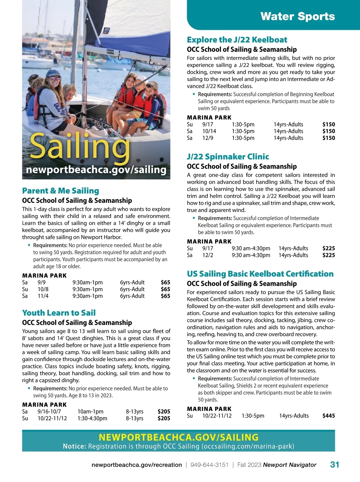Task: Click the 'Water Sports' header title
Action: pyautogui.click(x=298, y=16)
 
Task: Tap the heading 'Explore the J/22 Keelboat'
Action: pyautogui.click(x=237, y=40)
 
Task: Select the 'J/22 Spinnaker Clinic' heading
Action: pyautogui.click(x=228, y=156)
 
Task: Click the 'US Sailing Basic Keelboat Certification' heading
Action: pyautogui.click(x=260, y=274)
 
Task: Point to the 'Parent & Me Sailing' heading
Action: pyautogui.click(x=60, y=191)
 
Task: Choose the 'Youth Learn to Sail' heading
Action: pyautogui.click(x=59, y=313)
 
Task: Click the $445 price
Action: pyautogui.click(x=328, y=416)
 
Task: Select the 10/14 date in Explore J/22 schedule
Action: pyautogui.click(x=209, y=131)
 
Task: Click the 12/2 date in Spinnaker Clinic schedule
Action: pyautogui.click(x=208, y=255)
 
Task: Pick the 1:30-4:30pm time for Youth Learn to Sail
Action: pyautogui.click(x=92, y=418)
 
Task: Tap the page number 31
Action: pyautogui.click(x=334, y=465)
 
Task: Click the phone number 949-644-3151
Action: pyautogui.click(x=209, y=465)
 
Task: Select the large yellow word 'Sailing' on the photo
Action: pyautogui.click(x=80, y=146)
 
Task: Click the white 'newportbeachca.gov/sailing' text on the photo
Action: pyautogui.click(x=96, y=170)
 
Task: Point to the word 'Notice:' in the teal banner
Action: pyautogui.click(x=74, y=446)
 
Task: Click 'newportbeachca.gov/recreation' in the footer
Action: pyautogui.click(x=136, y=465)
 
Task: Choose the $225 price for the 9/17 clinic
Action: pyautogui.click(x=328, y=248)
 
